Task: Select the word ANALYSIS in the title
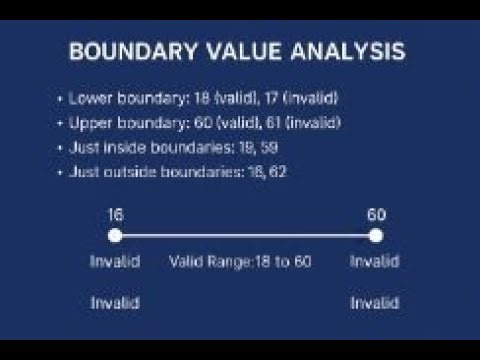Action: coord(353,52)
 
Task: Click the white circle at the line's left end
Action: coord(115,236)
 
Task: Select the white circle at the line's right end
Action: coord(376,236)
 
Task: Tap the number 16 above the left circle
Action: coord(115,214)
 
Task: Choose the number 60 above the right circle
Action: coord(376,214)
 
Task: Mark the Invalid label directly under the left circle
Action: coord(115,262)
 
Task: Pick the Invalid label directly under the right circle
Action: coord(375,262)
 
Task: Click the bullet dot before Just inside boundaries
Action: coord(61,146)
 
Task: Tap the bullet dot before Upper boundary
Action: coord(61,122)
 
